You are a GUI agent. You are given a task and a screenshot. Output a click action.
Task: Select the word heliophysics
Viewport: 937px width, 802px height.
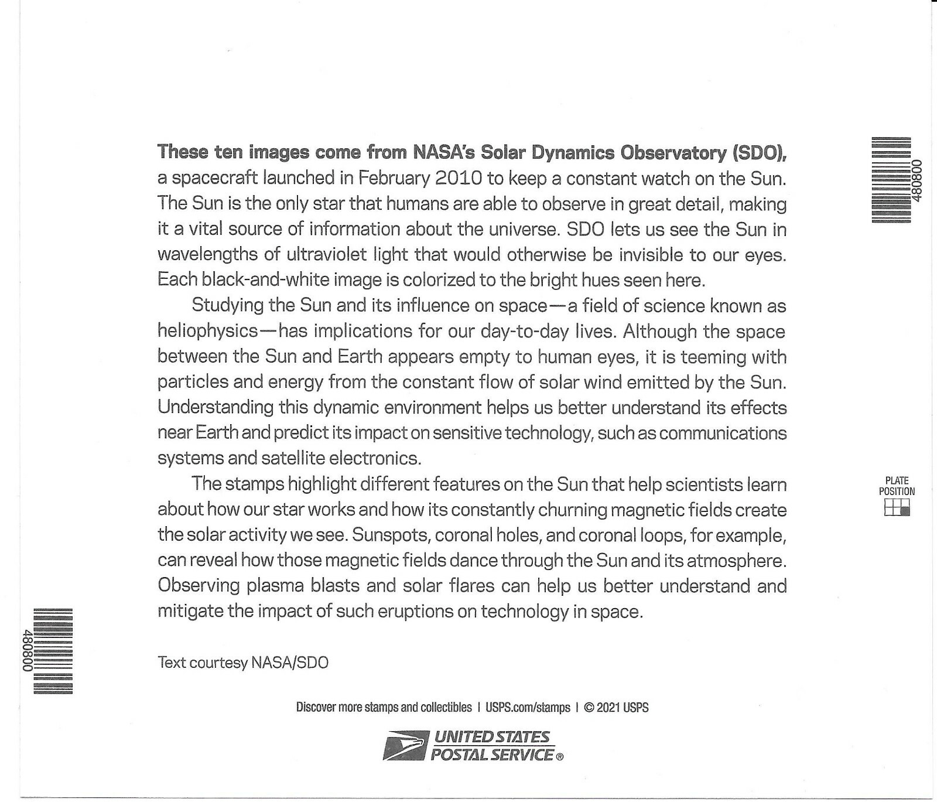pos(207,331)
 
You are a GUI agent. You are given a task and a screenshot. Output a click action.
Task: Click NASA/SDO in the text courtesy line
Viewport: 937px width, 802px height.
pos(290,663)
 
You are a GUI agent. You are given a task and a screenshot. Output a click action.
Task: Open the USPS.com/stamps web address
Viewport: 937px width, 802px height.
pos(528,707)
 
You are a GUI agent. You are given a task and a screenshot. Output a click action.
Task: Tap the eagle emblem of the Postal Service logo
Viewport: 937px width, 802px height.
pos(404,746)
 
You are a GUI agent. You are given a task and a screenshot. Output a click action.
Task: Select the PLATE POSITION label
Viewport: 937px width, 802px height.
pos(897,486)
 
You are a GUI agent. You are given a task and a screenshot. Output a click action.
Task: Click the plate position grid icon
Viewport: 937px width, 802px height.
pos(897,508)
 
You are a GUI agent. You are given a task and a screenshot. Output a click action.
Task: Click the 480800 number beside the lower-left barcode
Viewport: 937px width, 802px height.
pos(26,650)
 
